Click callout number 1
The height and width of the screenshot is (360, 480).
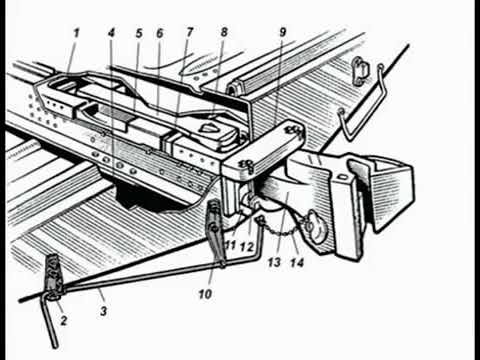(76, 33)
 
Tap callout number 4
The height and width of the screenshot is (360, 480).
(111, 33)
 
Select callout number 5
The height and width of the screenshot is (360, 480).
(139, 33)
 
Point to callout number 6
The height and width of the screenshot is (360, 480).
(160, 33)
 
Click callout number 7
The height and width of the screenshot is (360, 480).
(190, 32)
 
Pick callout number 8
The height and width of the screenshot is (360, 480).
(224, 32)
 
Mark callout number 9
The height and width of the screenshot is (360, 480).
(283, 32)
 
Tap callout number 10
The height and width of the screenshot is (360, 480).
(205, 294)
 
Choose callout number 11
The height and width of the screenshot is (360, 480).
(231, 246)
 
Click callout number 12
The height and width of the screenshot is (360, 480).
(247, 247)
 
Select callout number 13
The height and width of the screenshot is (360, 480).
(274, 262)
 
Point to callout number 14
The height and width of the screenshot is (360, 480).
(297, 263)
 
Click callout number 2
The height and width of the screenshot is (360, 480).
(63, 321)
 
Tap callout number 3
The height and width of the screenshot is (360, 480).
(104, 311)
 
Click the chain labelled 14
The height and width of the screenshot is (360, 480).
(283, 230)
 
